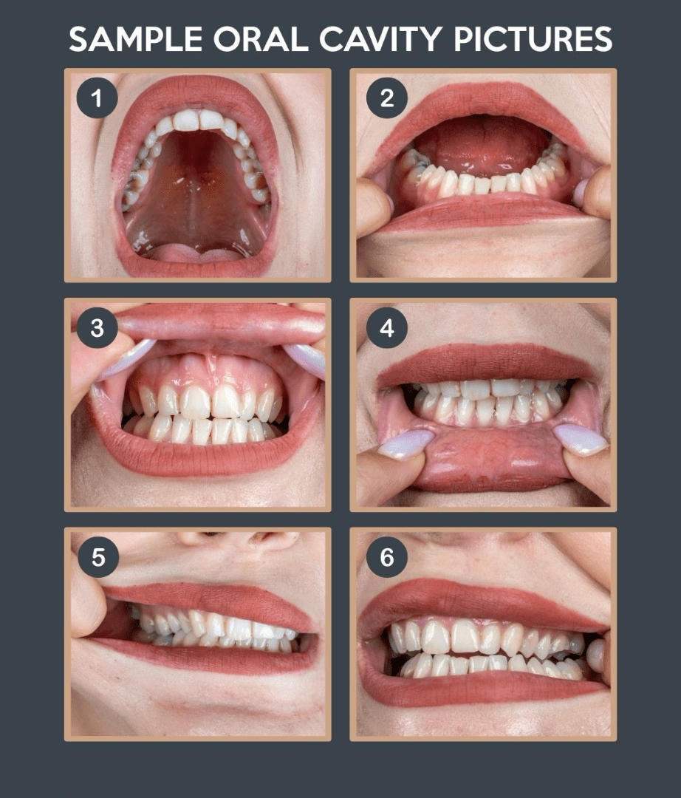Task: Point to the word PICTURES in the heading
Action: [x=533, y=39]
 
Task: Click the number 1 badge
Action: [x=97, y=98]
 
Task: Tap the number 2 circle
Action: [x=387, y=98]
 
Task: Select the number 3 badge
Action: [x=97, y=328]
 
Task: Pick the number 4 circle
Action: [x=387, y=328]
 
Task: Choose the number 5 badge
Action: [x=98, y=557]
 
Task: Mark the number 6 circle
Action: [x=387, y=557]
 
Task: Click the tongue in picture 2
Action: [x=483, y=145]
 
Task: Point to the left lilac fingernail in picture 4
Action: [x=405, y=444]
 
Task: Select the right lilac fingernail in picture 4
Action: [x=579, y=439]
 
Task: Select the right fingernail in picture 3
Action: [x=305, y=360]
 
